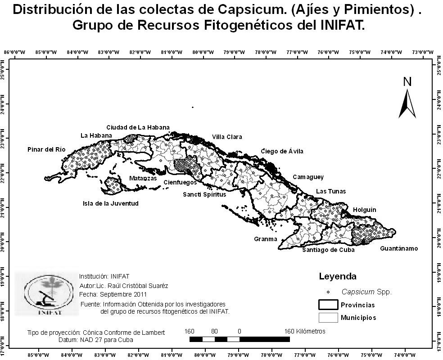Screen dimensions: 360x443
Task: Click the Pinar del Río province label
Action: click(46, 149)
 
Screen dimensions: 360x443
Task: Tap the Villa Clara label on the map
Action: click(227, 137)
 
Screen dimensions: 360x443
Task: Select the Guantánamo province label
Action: click(399, 248)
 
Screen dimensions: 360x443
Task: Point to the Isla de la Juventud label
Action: click(111, 203)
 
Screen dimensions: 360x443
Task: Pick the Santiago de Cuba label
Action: click(328, 250)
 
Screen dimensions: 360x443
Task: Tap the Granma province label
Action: click(266, 239)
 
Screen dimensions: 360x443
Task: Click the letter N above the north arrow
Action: click(407, 81)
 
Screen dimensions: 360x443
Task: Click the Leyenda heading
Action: click(338, 276)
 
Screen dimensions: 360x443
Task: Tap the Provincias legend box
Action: click(328, 305)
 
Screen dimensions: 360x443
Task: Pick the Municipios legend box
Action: click(328, 318)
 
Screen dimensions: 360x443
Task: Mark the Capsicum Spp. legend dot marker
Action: click(329, 292)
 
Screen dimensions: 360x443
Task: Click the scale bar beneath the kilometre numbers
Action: click(240, 339)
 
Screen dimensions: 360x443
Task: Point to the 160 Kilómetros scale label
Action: click(305, 331)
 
